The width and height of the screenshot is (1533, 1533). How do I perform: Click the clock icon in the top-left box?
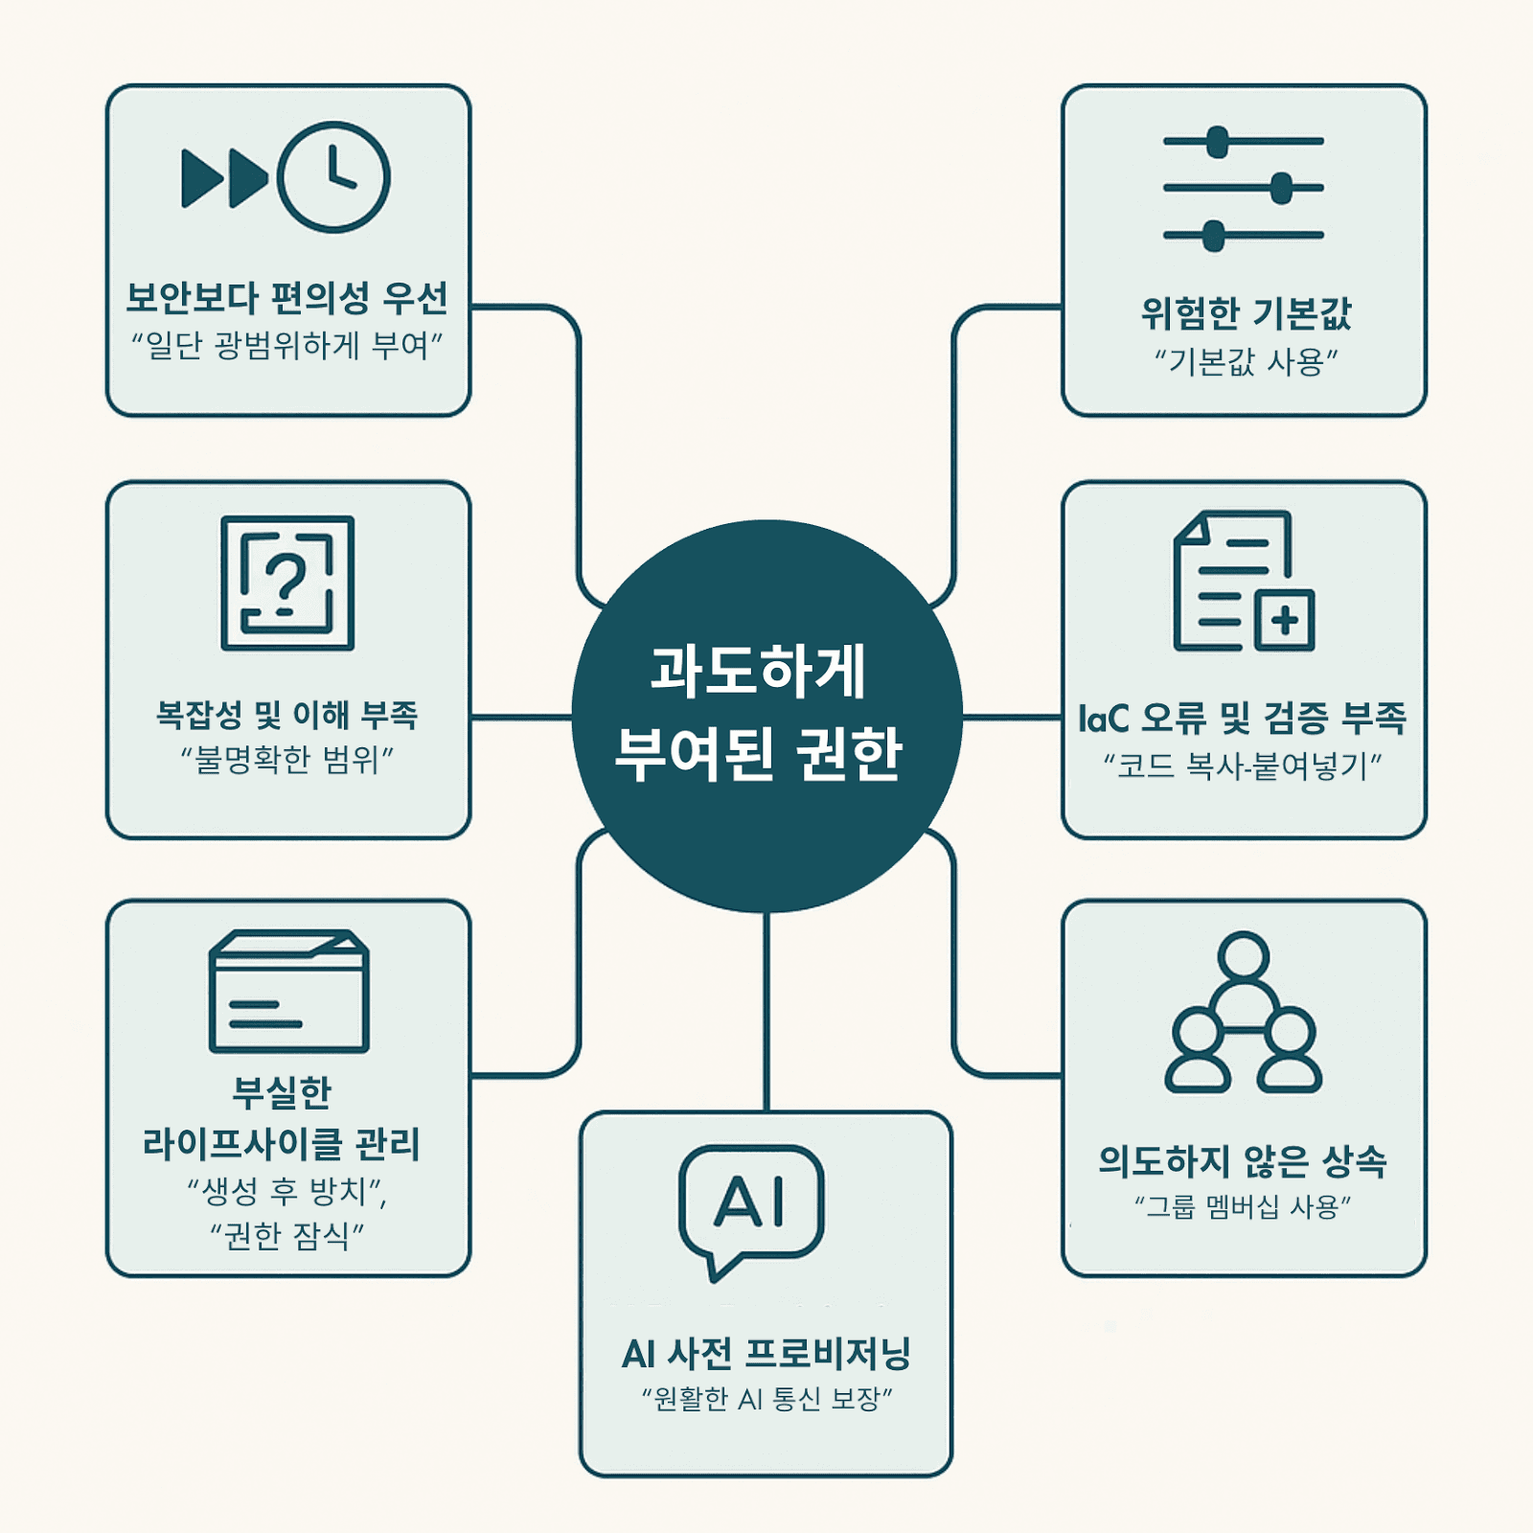point(333,177)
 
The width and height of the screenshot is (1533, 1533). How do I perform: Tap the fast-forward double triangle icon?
point(224,178)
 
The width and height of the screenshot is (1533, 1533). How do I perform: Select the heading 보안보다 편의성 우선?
point(287,298)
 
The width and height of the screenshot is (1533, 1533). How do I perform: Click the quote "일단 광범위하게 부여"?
point(287,345)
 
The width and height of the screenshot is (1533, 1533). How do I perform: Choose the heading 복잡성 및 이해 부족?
point(287,715)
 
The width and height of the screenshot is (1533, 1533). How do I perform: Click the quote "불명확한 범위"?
point(287,760)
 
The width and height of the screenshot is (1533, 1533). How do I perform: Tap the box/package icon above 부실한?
point(288,991)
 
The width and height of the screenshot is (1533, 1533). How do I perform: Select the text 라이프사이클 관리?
point(282,1144)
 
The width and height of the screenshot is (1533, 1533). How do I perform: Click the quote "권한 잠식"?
point(287,1236)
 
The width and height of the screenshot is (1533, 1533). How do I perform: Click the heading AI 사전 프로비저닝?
point(766,1354)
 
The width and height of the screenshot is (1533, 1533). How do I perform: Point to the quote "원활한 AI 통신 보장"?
point(766,1400)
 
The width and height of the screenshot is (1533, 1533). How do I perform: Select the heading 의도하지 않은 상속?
point(1243,1161)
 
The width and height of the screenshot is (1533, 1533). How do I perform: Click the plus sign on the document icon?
point(1284,621)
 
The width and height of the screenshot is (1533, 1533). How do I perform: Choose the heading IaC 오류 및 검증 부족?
point(1243,719)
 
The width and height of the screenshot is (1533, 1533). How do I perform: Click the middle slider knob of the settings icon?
point(1281,189)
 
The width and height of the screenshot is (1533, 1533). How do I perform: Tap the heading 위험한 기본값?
point(1246,313)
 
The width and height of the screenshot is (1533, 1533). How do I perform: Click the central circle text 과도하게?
point(758,671)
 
